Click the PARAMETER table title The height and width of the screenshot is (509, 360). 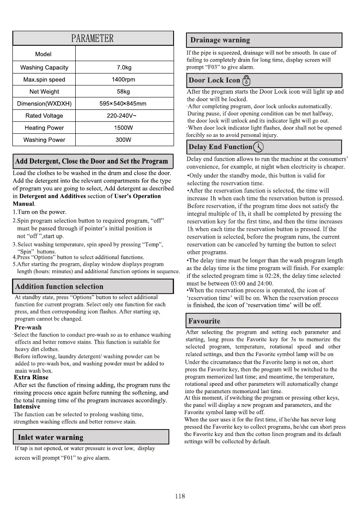(93, 38)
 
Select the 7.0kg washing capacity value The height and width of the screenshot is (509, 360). (124, 68)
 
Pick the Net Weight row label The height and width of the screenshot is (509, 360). (44, 91)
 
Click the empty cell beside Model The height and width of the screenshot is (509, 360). (124, 54)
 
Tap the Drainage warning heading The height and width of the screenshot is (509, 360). (220, 40)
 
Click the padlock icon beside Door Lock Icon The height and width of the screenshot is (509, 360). (246, 80)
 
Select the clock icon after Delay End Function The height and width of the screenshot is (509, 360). (258, 147)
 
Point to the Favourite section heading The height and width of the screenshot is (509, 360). (204, 321)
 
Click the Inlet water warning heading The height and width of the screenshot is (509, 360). (50, 437)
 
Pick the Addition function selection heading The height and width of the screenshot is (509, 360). (59, 286)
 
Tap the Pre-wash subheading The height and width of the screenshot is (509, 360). (28, 327)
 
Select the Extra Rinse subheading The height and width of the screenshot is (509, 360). (31, 377)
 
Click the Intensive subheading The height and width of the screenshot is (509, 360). (27, 406)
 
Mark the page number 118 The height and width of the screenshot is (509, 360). (180, 496)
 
